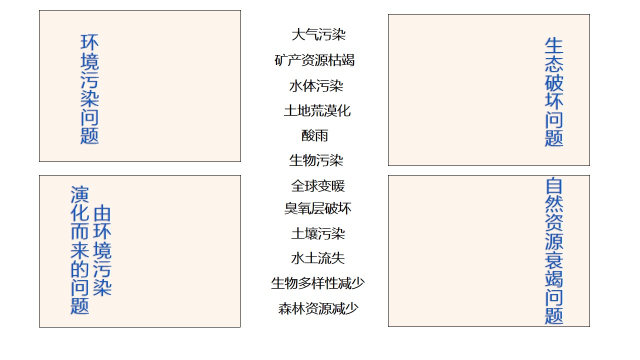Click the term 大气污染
pos(318,34)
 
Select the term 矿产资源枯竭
pos(314,60)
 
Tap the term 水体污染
pos(316,85)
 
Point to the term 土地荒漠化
pos(317,110)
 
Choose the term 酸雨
pos(314,135)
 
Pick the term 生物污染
pos(316,160)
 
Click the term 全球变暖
pos(318,186)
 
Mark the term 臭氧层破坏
pos(317,208)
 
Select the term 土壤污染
pos(318,233)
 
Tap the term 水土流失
pos(318,258)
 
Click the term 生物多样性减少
pos(317,283)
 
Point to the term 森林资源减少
pos(318,308)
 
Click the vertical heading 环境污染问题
pos(89,89)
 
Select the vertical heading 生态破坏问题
pos(554,91)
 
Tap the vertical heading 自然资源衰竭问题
pos(554,251)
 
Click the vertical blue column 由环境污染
pos(102,250)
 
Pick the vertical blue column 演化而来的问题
pos(80,250)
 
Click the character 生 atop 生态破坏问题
pos(554,45)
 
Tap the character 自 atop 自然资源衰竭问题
pos(554,186)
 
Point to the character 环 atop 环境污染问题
pos(89,42)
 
